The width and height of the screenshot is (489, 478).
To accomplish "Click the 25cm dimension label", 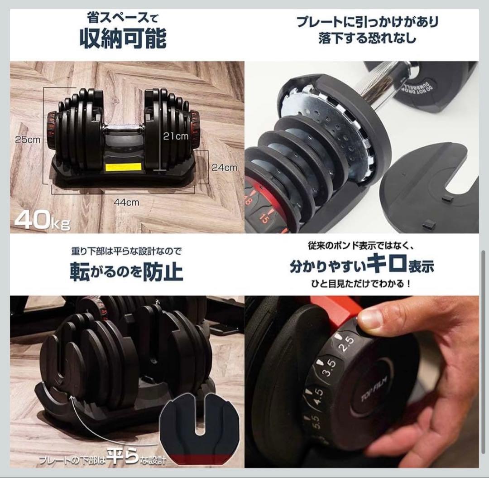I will coord(27,140).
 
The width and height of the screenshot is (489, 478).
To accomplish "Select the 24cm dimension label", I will coord(225,167).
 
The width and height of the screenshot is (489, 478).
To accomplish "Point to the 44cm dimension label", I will coord(126,203).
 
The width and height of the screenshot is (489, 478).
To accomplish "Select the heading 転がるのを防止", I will coord(126,272).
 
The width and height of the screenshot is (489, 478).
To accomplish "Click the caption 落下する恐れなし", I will coord(367,38).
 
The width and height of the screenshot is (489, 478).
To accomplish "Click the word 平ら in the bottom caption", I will coord(122,459).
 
